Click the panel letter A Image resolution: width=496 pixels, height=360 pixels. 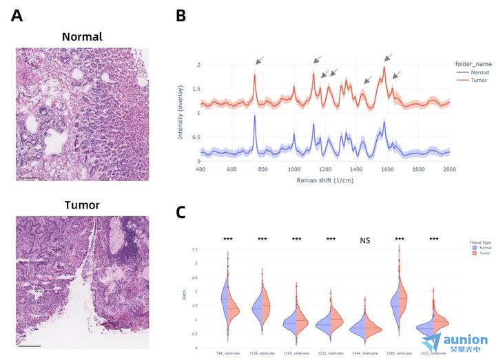pos(17,16)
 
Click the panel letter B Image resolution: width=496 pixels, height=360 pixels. pos(181,16)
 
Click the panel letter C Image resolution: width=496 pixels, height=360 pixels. pos(181,211)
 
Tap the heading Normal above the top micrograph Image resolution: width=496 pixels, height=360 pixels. pos(82,37)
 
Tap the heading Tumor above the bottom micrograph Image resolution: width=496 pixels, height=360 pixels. pos(82,205)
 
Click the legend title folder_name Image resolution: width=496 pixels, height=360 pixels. pos(473,63)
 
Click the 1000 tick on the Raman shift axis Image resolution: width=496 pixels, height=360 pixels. pos(294,169)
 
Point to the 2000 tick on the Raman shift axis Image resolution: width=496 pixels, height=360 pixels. pos(449,169)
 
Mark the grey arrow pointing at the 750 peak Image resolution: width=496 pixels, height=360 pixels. pos(258,61)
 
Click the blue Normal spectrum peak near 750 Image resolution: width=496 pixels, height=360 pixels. pos(255,117)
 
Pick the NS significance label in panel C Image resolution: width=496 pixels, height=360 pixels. pos(365,241)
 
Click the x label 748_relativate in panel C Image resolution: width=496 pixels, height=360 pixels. pos(228,352)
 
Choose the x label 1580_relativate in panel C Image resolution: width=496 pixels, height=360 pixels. pos(400,352)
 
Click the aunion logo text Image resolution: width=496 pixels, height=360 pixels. pos(466,339)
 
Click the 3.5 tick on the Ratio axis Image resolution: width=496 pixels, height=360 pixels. pos(196,249)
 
